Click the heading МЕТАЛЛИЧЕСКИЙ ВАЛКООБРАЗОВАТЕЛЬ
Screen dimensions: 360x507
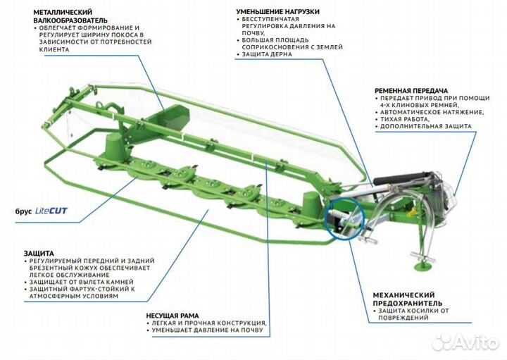tap(46, 16)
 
